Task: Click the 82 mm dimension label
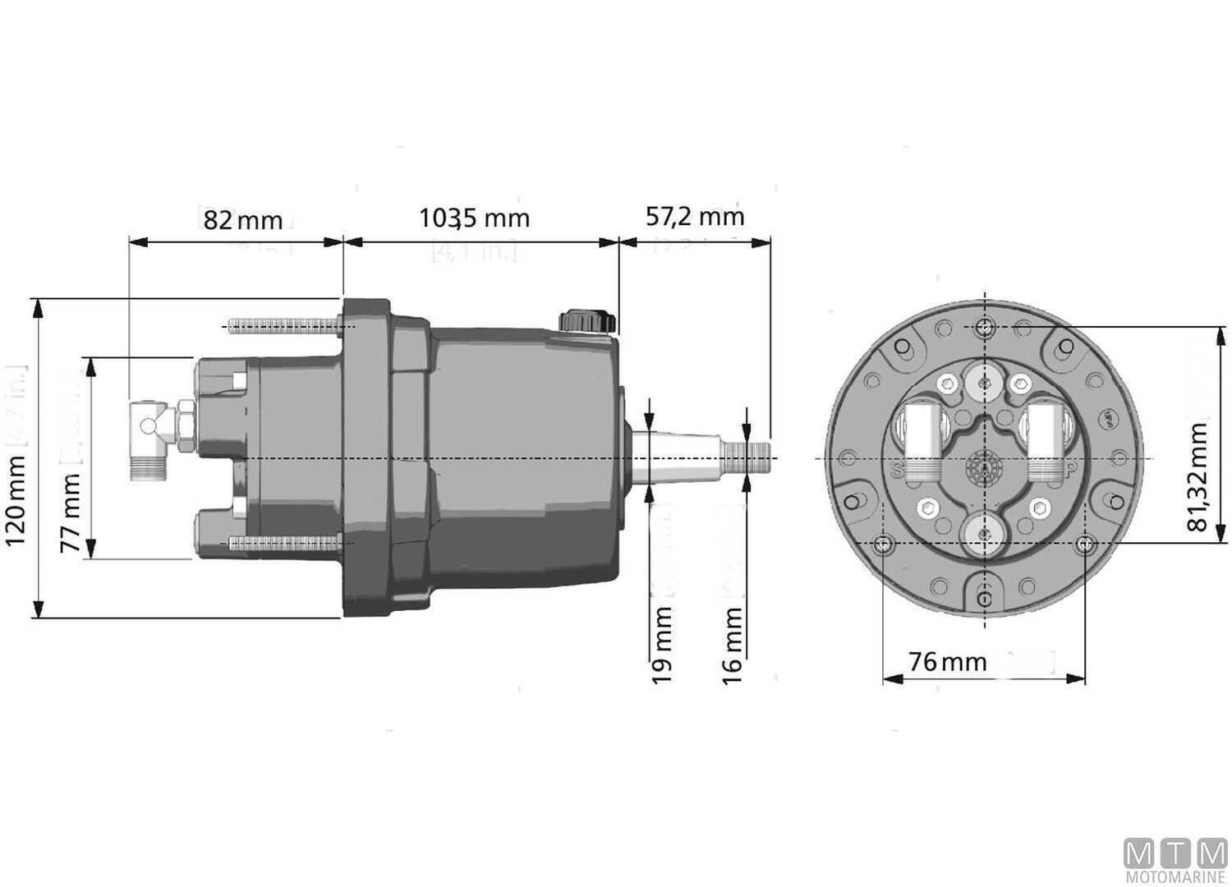(x=243, y=220)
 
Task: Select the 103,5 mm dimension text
(x=474, y=218)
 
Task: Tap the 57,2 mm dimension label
(x=695, y=216)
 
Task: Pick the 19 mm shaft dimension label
(x=662, y=645)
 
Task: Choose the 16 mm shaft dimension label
(x=732, y=645)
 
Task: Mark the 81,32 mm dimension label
(x=1198, y=477)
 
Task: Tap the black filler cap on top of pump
(x=586, y=320)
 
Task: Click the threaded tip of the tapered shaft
(x=755, y=457)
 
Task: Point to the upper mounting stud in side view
(x=283, y=326)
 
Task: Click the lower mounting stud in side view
(x=283, y=543)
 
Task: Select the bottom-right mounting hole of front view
(x=1085, y=544)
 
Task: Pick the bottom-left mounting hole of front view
(x=883, y=544)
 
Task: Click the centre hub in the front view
(x=984, y=469)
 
